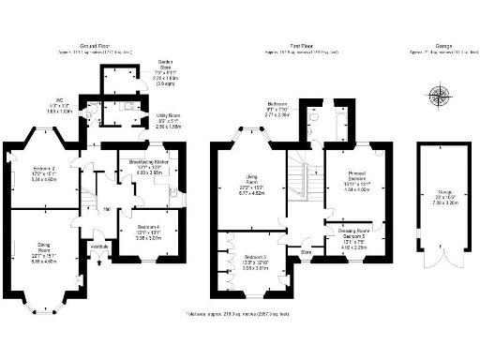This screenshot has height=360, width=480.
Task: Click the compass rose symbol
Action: pos(439,95)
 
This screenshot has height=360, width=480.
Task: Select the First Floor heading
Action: pos(300,44)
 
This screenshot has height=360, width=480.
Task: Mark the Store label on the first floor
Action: pos(306,250)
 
